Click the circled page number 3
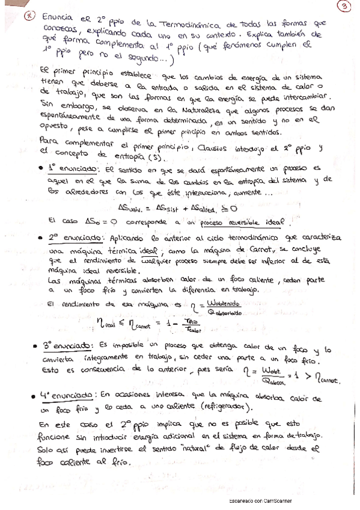coord(344,7)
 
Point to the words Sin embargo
coord(61,106)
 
